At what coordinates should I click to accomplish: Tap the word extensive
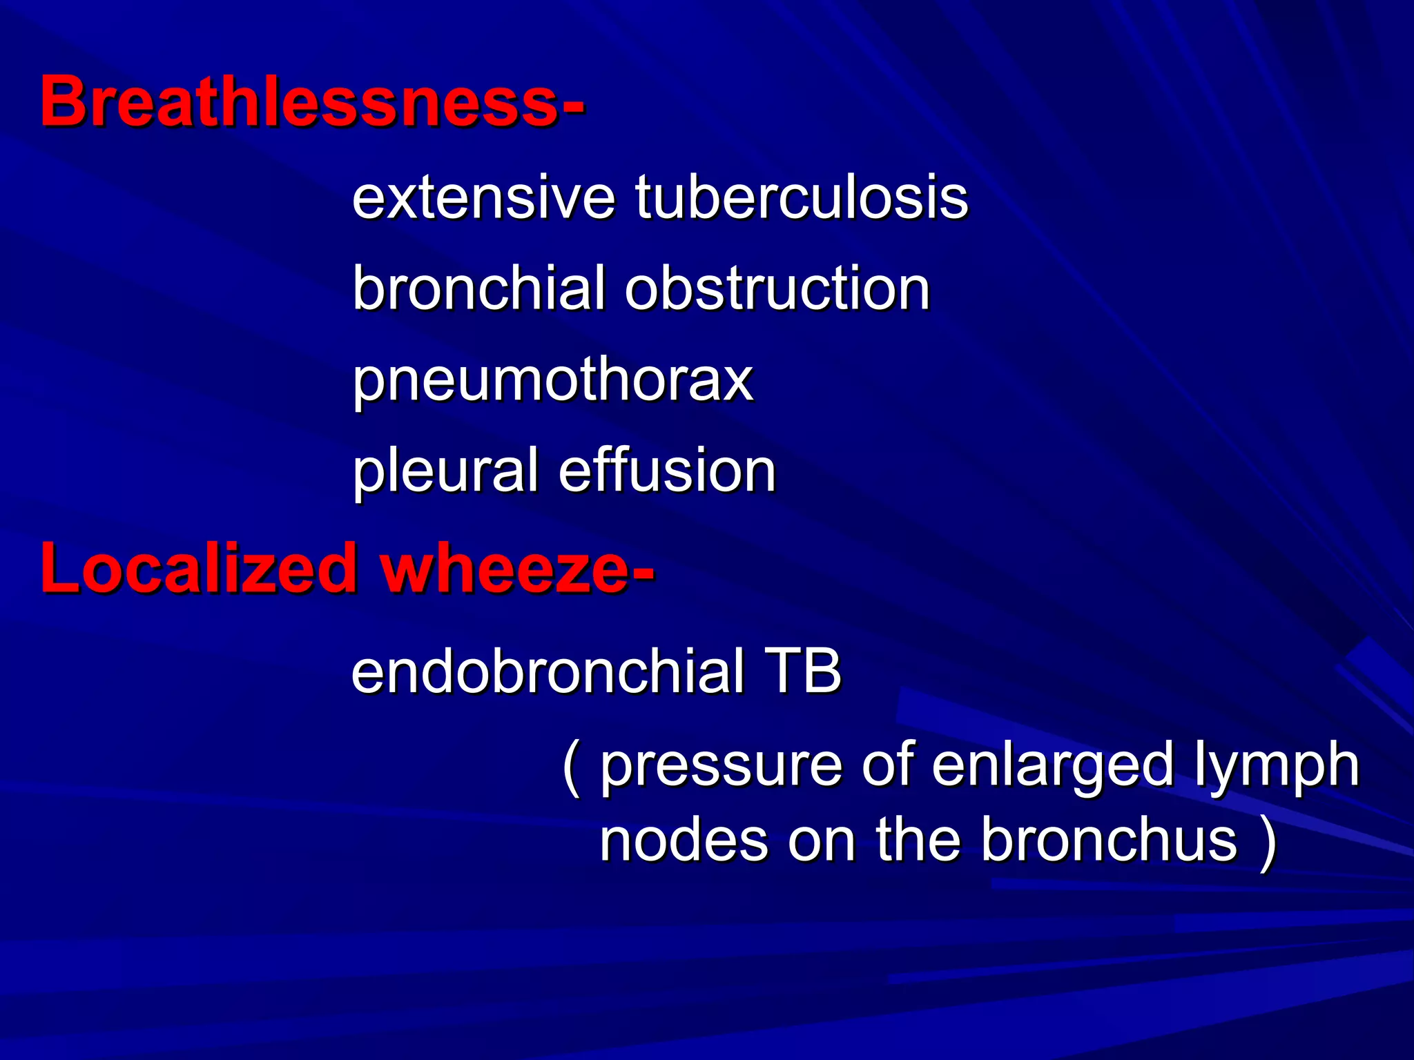pos(483,198)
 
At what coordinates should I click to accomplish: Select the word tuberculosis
pos(802,198)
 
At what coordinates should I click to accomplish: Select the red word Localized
pos(197,569)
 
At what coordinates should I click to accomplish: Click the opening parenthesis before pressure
pos(571,767)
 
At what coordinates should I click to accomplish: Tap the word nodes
pos(684,841)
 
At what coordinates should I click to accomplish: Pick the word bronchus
pos(1109,841)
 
